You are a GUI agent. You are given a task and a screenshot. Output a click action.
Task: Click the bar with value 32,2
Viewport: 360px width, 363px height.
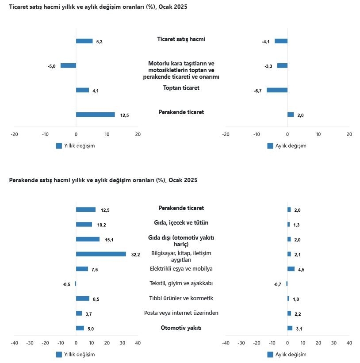click(x=101, y=254)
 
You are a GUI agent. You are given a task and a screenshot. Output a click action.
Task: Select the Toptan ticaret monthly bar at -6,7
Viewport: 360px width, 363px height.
click(x=277, y=90)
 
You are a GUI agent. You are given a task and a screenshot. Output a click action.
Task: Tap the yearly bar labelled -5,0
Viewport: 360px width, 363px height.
click(x=68, y=65)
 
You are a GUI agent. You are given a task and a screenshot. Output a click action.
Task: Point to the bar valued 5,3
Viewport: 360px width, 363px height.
click(x=84, y=41)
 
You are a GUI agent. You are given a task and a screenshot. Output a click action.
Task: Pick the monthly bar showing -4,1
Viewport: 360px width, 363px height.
click(x=281, y=41)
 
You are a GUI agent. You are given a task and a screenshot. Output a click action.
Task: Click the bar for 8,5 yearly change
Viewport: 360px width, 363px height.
click(x=83, y=298)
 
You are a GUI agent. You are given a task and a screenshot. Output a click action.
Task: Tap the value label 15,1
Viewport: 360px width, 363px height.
click(x=109, y=240)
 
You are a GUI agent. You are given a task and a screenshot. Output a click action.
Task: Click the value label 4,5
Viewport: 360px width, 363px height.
click(x=301, y=269)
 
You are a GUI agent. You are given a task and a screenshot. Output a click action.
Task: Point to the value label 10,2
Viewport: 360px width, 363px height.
click(x=102, y=225)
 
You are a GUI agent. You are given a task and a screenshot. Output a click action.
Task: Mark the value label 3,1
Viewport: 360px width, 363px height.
click(x=299, y=329)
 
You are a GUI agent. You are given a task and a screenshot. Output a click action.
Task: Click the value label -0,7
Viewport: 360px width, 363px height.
click(x=277, y=284)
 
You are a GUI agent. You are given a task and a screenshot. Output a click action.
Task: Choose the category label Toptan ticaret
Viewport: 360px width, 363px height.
click(x=181, y=88)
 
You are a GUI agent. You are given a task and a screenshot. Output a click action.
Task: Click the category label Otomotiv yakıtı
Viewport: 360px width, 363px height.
click(x=181, y=328)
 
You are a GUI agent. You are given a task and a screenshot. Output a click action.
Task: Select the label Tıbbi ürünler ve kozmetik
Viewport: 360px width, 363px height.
click(x=181, y=298)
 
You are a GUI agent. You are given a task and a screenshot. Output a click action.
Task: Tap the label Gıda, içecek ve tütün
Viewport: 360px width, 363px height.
click(x=181, y=223)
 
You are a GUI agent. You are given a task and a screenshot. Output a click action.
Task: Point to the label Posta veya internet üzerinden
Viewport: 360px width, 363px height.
click(x=181, y=313)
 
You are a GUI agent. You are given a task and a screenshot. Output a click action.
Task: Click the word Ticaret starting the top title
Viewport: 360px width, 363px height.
click(x=18, y=7)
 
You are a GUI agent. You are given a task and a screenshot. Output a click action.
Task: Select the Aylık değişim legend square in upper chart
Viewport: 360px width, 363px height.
click(x=270, y=146)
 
